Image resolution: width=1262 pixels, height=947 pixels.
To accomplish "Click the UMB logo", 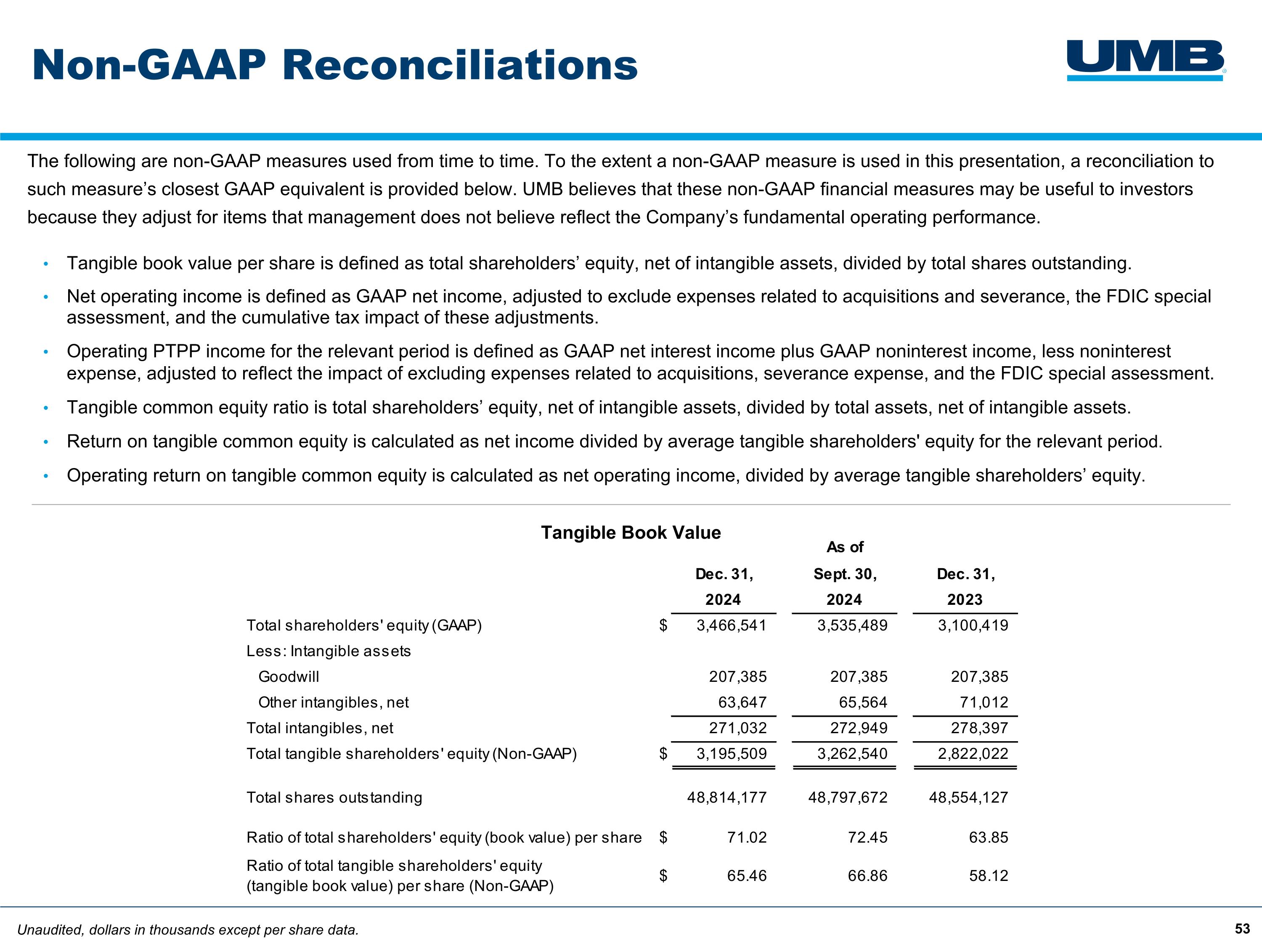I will coord(1145,60).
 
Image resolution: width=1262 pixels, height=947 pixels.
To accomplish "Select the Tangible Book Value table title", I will coord(631,532).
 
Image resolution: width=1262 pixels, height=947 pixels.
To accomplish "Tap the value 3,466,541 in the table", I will coord(732,625).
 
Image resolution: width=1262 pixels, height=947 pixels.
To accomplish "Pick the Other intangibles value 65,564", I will coord(863,703).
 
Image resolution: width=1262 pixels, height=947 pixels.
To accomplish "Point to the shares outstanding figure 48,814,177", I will coord(726,798).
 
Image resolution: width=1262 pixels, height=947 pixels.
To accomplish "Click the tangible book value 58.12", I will coord(988,875).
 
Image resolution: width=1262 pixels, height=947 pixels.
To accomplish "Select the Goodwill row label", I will coord(289,677).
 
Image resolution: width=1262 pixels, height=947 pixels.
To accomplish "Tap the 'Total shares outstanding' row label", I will coord(334,798).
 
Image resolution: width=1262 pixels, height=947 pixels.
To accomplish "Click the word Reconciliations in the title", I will coord(460,65).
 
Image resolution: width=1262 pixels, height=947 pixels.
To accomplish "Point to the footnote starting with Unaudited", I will coord(188,930).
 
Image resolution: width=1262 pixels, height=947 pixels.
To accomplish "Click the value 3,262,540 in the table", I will coord(852,754).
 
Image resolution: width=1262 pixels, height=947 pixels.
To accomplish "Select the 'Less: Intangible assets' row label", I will coord(329,651).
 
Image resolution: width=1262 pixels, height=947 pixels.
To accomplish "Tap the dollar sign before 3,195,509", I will coord(663,754).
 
